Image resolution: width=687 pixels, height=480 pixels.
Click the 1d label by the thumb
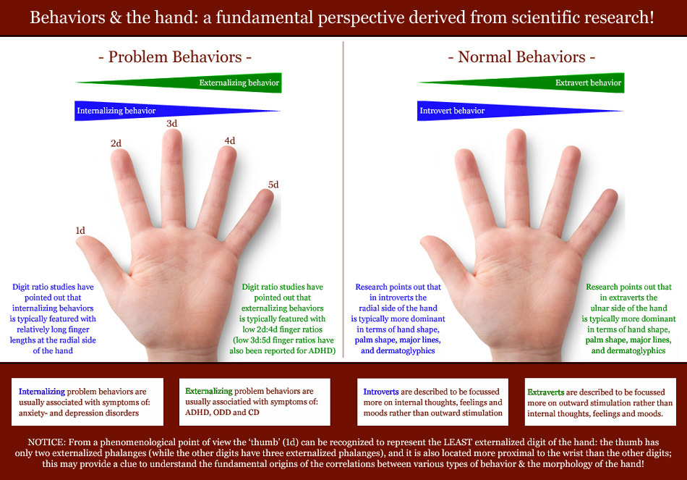point(80,230)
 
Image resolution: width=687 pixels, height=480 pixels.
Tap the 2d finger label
point(116,143)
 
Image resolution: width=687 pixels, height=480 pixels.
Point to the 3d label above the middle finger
point(172,123)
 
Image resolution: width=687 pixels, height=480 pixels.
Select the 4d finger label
point(229,140)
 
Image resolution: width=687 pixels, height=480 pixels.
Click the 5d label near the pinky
point(273,185)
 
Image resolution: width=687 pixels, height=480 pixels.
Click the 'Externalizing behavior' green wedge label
point(239,83)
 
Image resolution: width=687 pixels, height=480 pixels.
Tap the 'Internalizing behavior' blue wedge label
point(116,111)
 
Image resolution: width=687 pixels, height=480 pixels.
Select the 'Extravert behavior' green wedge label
point(588,83)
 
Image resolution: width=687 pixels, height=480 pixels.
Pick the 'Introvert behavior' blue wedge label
point(452,111)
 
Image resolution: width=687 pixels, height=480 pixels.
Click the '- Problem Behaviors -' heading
point(175,56)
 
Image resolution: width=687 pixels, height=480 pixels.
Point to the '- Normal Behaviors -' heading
point(521,56)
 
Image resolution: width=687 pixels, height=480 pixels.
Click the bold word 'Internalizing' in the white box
point(42,392)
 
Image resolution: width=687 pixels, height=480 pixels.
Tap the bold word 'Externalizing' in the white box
point(208,391)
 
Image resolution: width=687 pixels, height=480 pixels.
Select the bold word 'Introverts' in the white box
point(380,392)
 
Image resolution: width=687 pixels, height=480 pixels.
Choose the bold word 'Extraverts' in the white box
point(545,392)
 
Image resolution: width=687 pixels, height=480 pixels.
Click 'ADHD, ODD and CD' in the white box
point(222,413)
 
